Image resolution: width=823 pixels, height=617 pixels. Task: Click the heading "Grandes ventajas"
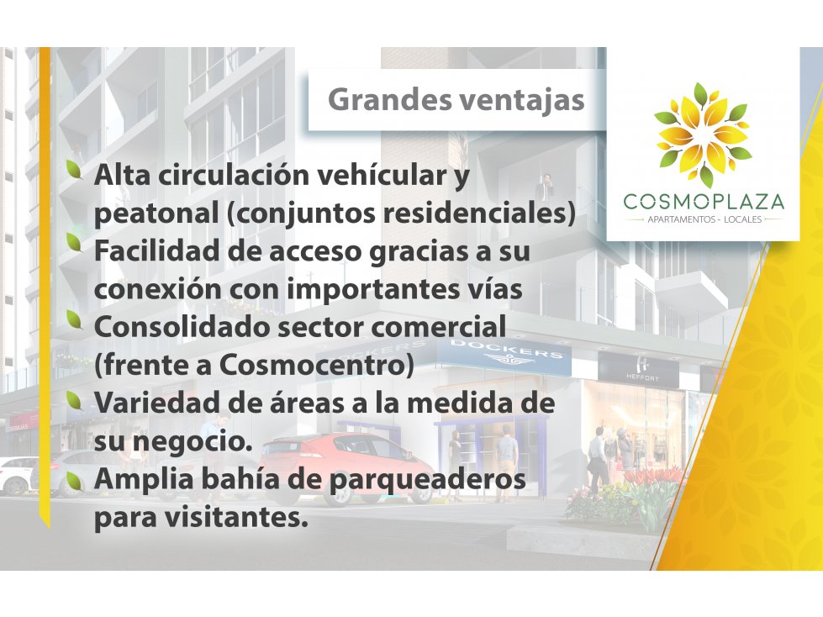(x=456, y=100)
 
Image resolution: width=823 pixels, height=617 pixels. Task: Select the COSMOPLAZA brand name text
(x=704, y=202)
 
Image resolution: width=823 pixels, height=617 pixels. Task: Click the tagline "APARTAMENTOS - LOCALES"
(x=704, y=219)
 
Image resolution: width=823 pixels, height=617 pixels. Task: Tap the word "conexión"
(x=157, y=289)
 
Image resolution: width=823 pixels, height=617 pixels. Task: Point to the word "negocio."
(x=189, y=442)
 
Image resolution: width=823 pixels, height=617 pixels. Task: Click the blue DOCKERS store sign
(x=504, y=356)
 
